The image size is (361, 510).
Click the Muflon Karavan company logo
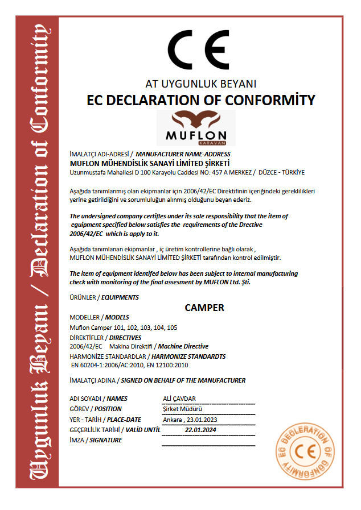pyautogui.click(x=192, y=128)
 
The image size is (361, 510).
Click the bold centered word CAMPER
pyautogui.click(x=204, y=308)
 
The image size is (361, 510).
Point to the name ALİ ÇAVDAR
pyautogui.click(x=179, y=399)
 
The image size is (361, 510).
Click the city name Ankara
pyautogui.click(x=171, y=420)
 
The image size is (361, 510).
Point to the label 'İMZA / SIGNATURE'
pyautogui.click(x=96, y=440)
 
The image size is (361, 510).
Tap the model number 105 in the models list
pyautogui.click(x=173, y=327)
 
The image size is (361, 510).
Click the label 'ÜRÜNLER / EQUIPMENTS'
pyautogui.click(x=104, y=297)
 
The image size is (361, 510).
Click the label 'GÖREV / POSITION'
pyautogui.click(x=95, y=409)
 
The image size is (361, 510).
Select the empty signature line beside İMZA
pyautogui.click(x=208, y=444)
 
